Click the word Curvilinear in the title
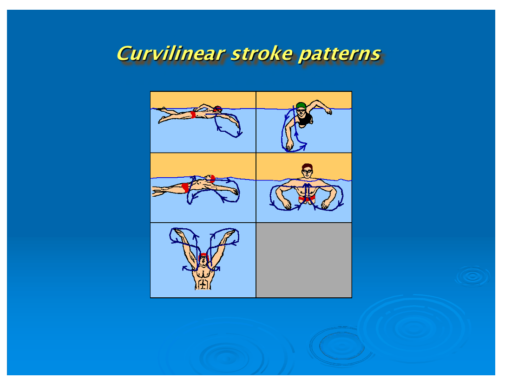(x=171, y=53)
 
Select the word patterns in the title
(x=340, y=54)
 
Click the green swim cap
(x=301, y=105)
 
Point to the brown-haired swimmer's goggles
(x=307, y=171)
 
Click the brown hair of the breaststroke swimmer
(x=307, y=166)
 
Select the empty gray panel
(x=304, y=260)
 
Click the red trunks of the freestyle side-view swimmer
(x=193, y=115)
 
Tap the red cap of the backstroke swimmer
(x=212, y=179)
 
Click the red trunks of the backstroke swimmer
(x=185, y=187)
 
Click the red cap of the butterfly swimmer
(x=203, y=256)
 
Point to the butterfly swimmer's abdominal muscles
(x=203, y=284)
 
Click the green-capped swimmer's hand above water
(x=328, y=111)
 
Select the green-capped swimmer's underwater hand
(x=289, y=146)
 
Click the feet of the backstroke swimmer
(x=157, y=192)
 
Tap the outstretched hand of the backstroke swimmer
(x=235, y=192)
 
